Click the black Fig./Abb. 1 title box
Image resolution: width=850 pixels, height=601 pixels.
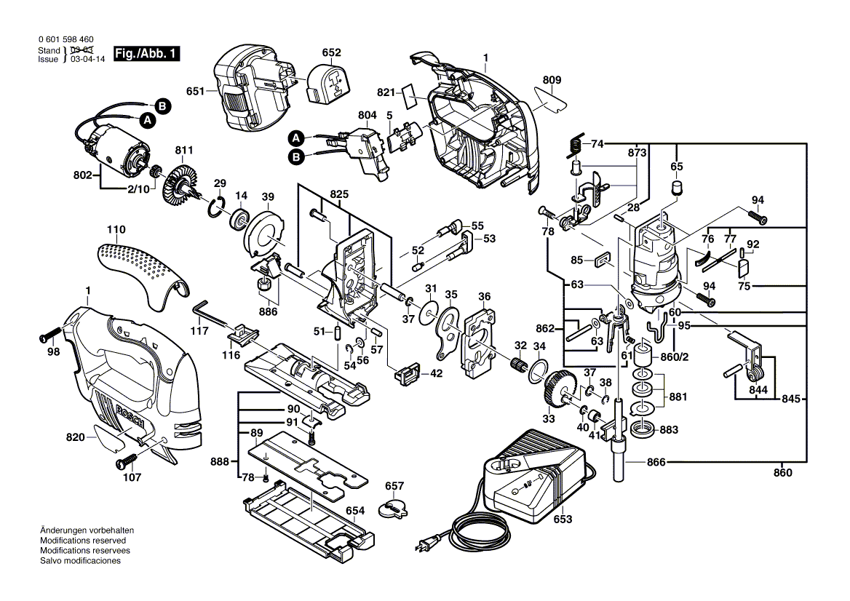[x=146, y=54]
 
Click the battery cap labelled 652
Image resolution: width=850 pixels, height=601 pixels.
[x=329, y=84]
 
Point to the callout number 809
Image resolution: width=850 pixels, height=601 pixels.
[x=552, y=79]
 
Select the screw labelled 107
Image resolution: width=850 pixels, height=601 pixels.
[x=125, y=461]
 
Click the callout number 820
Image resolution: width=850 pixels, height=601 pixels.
[x=75, y=437]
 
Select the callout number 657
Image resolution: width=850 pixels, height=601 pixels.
[x=394, y=485]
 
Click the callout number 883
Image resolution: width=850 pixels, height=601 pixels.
[x=669, y=430]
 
